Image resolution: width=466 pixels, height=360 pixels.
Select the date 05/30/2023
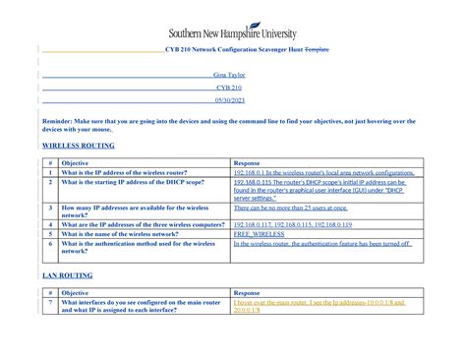[x=233, y=99]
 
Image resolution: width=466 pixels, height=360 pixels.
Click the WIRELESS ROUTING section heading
[x=80, y=145]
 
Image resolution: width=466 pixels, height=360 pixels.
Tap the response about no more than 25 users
[x=291, y=209]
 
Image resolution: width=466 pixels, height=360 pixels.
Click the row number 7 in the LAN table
[x=48, y=303]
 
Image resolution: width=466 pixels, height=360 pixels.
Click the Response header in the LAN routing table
[x=247, y=292]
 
